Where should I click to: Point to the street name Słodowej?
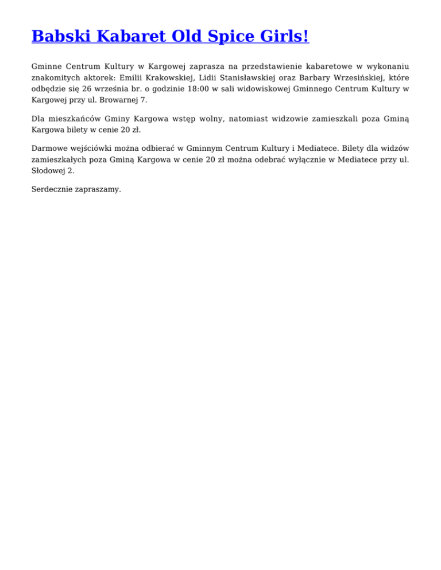pos(49,170)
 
